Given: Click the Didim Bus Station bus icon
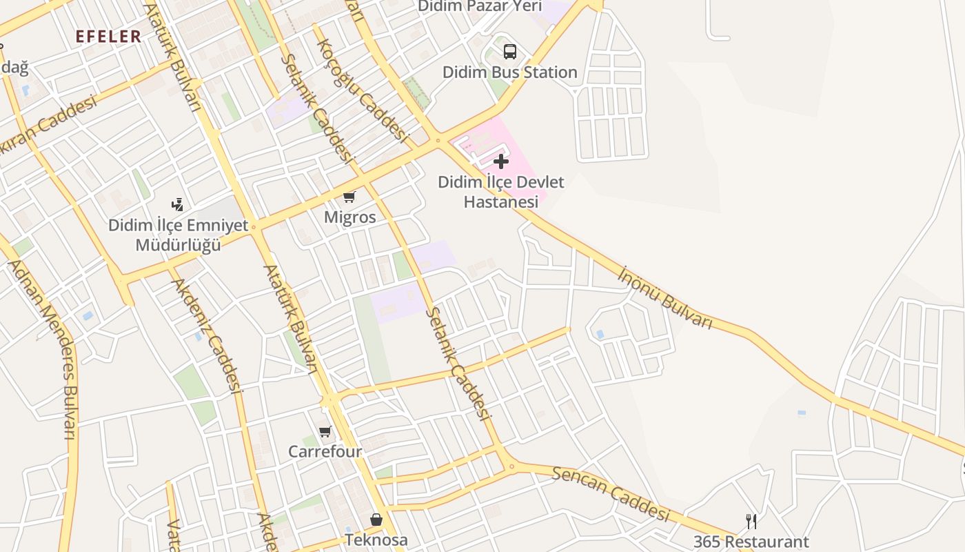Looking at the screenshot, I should [x=509, y=51].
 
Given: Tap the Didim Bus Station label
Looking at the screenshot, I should [x=509, y=72].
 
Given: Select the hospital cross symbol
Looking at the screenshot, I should [x=501, y=161].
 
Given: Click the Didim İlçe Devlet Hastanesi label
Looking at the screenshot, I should [x=501, y=192].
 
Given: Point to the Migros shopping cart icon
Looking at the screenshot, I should [x=349, y=197].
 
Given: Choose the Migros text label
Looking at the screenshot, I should [x=350, y=217].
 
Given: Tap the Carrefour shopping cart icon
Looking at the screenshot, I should [x=325, y=432].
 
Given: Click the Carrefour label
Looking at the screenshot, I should [x=325, y=452].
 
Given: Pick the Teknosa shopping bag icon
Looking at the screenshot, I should [x=376, y=520].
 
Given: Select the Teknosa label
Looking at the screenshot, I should [x=376, y=540].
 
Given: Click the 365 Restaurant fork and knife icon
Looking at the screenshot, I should [x=751, y=521].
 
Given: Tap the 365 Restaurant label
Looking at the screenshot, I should [x=751, y=542].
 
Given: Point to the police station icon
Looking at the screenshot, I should [x=178, y=204].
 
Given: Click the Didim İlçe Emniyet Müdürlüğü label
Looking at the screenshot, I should [x=178, y=235].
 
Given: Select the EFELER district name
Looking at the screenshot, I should [x=108, y=37].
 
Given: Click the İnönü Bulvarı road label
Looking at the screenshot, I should [x=664, y=297].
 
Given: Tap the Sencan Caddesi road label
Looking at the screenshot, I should [x=611, y=493].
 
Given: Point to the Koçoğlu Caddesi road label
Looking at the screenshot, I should [x=363, y=90].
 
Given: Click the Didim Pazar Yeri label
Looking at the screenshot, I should [x=480, y=6].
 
